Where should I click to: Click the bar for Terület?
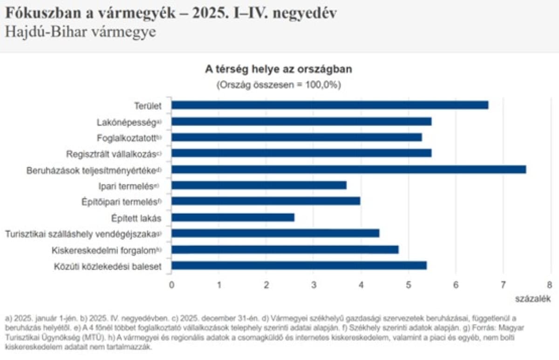coord(330,105)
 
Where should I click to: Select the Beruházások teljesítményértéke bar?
coord(348,170)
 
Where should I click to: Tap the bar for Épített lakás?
coord(233,217)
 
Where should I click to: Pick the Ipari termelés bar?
coord(259,185)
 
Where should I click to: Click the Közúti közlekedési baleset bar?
coord(299,266)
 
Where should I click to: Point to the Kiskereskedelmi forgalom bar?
coord(285,250)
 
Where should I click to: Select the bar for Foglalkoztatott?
coord(297,137)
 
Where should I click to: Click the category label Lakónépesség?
coord(126,122)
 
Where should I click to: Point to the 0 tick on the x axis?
coord(171,285)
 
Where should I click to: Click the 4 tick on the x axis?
coord(361,285)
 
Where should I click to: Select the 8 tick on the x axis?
coord(550,285)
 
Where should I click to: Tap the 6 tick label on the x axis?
coord(456,285)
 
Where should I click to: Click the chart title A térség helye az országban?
coord(279,70)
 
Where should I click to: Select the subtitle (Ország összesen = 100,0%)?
coord(279,85)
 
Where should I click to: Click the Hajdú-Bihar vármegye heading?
coord(81,32)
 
